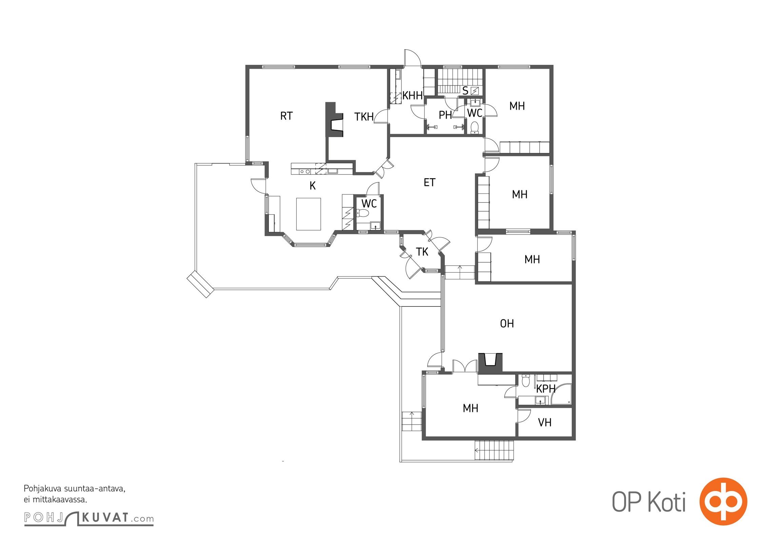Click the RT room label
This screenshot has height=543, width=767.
click(x=286, y=116)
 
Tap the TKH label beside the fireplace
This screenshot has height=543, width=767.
click(x=364, y=117)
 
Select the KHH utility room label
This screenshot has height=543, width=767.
click(x=412, y=96)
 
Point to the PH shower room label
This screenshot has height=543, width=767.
click(x=445, y=115)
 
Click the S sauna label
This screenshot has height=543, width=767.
click(x=465, y=91)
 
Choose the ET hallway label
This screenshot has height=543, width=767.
click(x=429, y=183)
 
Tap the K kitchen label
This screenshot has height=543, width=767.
click(x=313, y=186)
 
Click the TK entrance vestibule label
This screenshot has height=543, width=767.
click(x=422, y=252)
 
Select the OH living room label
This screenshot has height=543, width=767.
click(x=507, y=324)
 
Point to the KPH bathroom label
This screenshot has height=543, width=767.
click(x=546, y=389)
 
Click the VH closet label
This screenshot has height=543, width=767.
click(x=545, y=423)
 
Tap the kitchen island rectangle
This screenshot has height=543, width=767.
click(x=309, y=214)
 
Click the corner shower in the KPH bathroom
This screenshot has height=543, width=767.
click(x=561, y=394)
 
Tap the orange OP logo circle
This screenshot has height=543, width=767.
click(x=723, y=501)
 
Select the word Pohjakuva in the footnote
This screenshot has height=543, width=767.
click(x=43, y=489)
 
